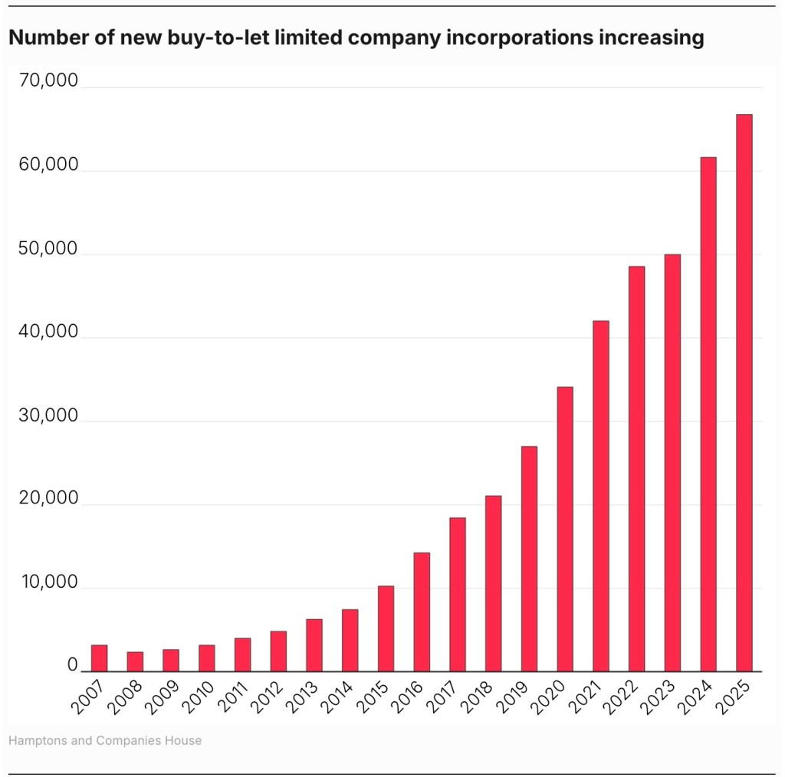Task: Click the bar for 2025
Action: [x=744, y=392]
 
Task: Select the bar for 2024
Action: [x=708, y=414]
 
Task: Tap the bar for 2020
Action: [x=565, y=529]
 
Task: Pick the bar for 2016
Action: [x=422, y=611]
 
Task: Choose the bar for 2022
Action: [x=636, y=469]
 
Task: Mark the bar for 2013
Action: [x=314, y=645]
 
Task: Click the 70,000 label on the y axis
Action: [x=48, y=81]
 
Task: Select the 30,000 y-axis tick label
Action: [x=48, y=415]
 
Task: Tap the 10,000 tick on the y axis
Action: [x=48, y=582]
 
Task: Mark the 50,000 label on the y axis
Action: [x=48, y=248]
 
